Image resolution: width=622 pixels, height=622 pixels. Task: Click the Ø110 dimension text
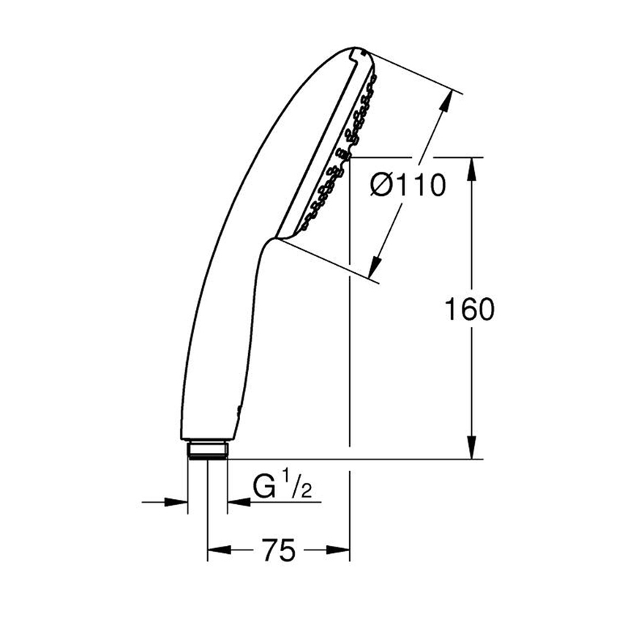tap(408, 187)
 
